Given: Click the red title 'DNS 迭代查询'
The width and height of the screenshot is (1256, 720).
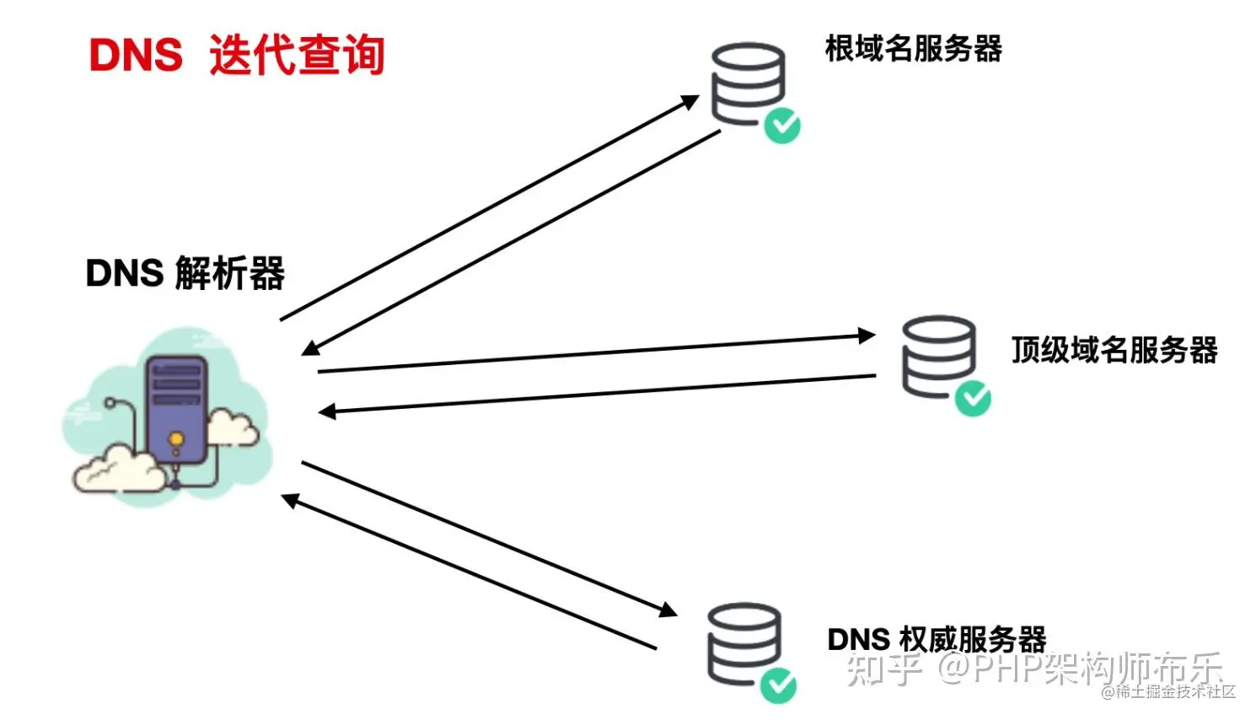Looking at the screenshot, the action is pyautogui.click(x=237, y=55).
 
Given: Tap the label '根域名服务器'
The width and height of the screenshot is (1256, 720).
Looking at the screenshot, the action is pyautogui.click(x=914, y=48).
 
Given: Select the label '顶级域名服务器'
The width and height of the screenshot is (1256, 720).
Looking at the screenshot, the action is pyautogui.click(x=1114, y=350).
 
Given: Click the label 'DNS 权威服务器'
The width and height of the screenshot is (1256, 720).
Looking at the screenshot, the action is pyautogui.click(x=937, y=639).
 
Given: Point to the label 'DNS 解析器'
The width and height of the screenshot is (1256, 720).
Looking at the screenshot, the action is pyautogui.click(x=185, y=273).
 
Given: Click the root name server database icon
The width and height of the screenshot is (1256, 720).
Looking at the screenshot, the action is pyautogui.click(x=748, y=84).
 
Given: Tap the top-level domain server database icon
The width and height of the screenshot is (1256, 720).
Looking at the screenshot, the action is pyautogui.click(x=939, y=357).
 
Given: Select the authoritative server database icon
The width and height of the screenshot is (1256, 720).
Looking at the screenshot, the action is pyautogui.click(x=744, y=644).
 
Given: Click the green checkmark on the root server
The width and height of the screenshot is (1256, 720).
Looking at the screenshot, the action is pyautogui.click(x=782, y=126).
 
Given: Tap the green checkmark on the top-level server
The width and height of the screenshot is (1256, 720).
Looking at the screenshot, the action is pyautogui.click(x=973, y=398).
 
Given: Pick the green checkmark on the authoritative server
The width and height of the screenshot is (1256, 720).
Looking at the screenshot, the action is pyautogui.click(x=778, y=685).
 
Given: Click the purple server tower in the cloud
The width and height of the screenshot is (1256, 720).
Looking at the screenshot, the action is pyautogui.click(x=177, y=410).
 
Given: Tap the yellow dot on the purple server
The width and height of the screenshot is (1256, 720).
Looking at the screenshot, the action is pyautogui.click(x=176, y=438).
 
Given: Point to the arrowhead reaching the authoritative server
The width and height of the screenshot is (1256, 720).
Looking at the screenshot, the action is pyautogui.click(x=668, y=610).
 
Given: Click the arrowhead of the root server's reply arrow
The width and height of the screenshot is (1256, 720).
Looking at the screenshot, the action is pyautogui.click(x=311, y=348).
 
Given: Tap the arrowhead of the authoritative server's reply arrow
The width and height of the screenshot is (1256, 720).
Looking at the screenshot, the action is pyautogui.click(x=290, y=500).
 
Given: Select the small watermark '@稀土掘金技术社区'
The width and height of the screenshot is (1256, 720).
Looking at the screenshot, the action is pyautogui.click(x=1168, y=691).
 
